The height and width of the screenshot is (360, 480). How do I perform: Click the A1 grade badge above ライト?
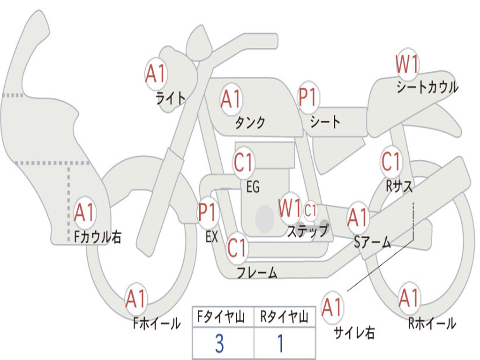tap(156, 73)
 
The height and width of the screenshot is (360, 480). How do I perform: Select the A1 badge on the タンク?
tap(231, 99)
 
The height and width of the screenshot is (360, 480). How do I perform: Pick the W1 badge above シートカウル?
tap(407, 64)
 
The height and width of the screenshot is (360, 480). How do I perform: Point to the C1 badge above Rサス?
tap(391, 162)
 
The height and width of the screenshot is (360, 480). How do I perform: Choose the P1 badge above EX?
tap(208, 212)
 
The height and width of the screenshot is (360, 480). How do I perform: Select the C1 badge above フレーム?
tap(237, 247)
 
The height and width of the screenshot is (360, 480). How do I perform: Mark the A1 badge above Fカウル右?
tap(85, 212)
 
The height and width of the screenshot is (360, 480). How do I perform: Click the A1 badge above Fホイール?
tap(136, 299)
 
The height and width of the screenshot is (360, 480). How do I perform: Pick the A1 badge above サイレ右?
tap(332, 307)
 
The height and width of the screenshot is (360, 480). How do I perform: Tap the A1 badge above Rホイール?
tap(409, 298)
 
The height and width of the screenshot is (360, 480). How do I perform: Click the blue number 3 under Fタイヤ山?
tap(219, 344)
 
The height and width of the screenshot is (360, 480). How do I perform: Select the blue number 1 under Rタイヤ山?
tap(280, 344)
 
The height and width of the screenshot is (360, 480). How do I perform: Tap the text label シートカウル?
tap(427, 88)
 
